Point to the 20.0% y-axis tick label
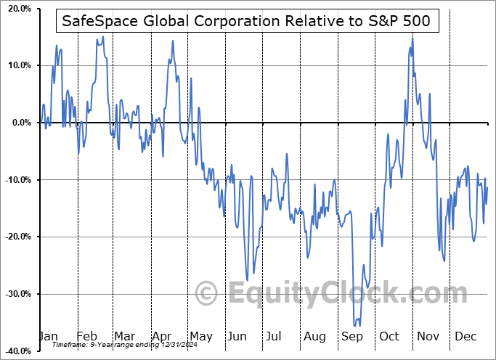pyautogui.click(x=17, y=9)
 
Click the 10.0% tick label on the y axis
pyautogui.click(x=17, y=65)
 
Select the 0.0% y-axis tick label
pyautogui.click(x=19, y=123)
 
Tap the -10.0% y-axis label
pyautogui.click(x=16, y=180)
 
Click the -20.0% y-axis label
pyautogui.click(x=16, y=237)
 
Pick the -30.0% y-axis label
pyautogui.click(x=16, y=294)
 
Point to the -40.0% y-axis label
pyautogui.click(x=16, y=351)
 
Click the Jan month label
pyautogui.click(x=48, y=337)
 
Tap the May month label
pyautogui.click(x=200, y=337)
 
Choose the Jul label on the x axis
pyautogui.click(x=274, y=337)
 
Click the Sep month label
pyautogui.click(x=351, y=337)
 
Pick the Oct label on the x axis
pyautogui.click(x=389, y=337)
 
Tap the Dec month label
pyautogui.click(x=466, y=337)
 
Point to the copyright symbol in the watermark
pyautogui.click(x=208, y=294)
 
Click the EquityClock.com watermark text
pyautogui.click(x=338, y=294)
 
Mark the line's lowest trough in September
pyautogui.click(x=356, y=327)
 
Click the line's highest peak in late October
pyautogui.click(x=412, y=38)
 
